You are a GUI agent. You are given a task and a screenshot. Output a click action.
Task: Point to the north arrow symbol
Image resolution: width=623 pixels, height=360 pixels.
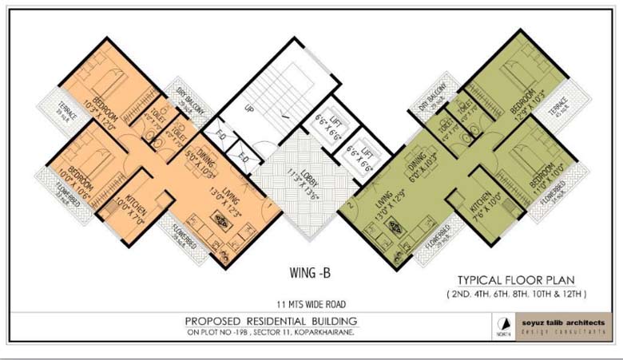pos(502,327)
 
